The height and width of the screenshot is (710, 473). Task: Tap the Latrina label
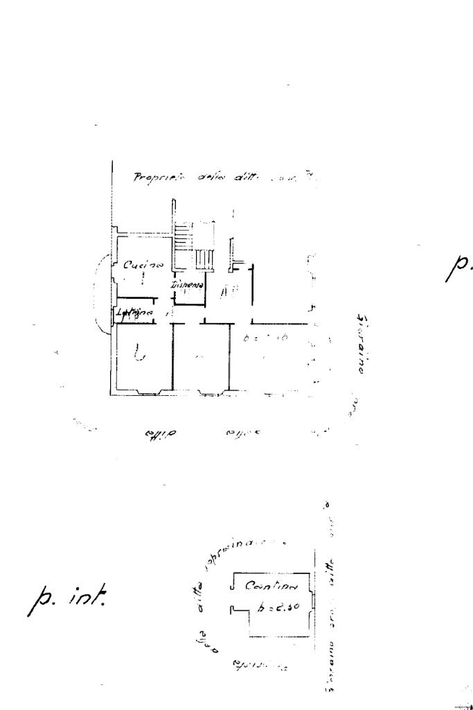click(x=134, y=312)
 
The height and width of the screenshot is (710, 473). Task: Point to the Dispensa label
click(x=188, y=285)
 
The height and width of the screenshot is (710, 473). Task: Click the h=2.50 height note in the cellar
click(x=277, y=608)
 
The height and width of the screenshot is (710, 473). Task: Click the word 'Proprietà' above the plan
click(x=159, y=177)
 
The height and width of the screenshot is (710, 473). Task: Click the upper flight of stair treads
click(x=181, y=236)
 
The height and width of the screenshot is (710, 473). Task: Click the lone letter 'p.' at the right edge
click(x=458, y=267)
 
